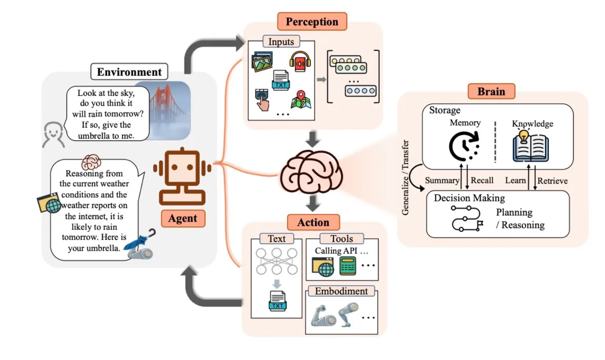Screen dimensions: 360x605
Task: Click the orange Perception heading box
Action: [312, 21]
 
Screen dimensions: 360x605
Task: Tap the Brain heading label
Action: [491, 91]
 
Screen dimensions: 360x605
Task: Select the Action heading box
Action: [313, 222]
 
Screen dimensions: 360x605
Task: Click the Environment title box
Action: [129, 72]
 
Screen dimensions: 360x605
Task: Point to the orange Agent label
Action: [182, 218]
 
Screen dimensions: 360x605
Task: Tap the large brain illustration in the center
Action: [311, 172]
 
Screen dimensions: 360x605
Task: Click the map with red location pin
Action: [301, 99]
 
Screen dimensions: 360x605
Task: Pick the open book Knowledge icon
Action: [530, 147]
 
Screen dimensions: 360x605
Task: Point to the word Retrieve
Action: [552, 181]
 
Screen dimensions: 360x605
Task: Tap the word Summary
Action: [442, 180]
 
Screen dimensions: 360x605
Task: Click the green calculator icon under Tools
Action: [347, 266]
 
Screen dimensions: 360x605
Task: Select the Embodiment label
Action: [341, 291]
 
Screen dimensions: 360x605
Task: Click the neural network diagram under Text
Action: [277, 261]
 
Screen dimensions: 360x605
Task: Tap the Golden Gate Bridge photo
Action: [170, 109]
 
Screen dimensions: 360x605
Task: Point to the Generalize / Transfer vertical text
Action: [405, 178]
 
